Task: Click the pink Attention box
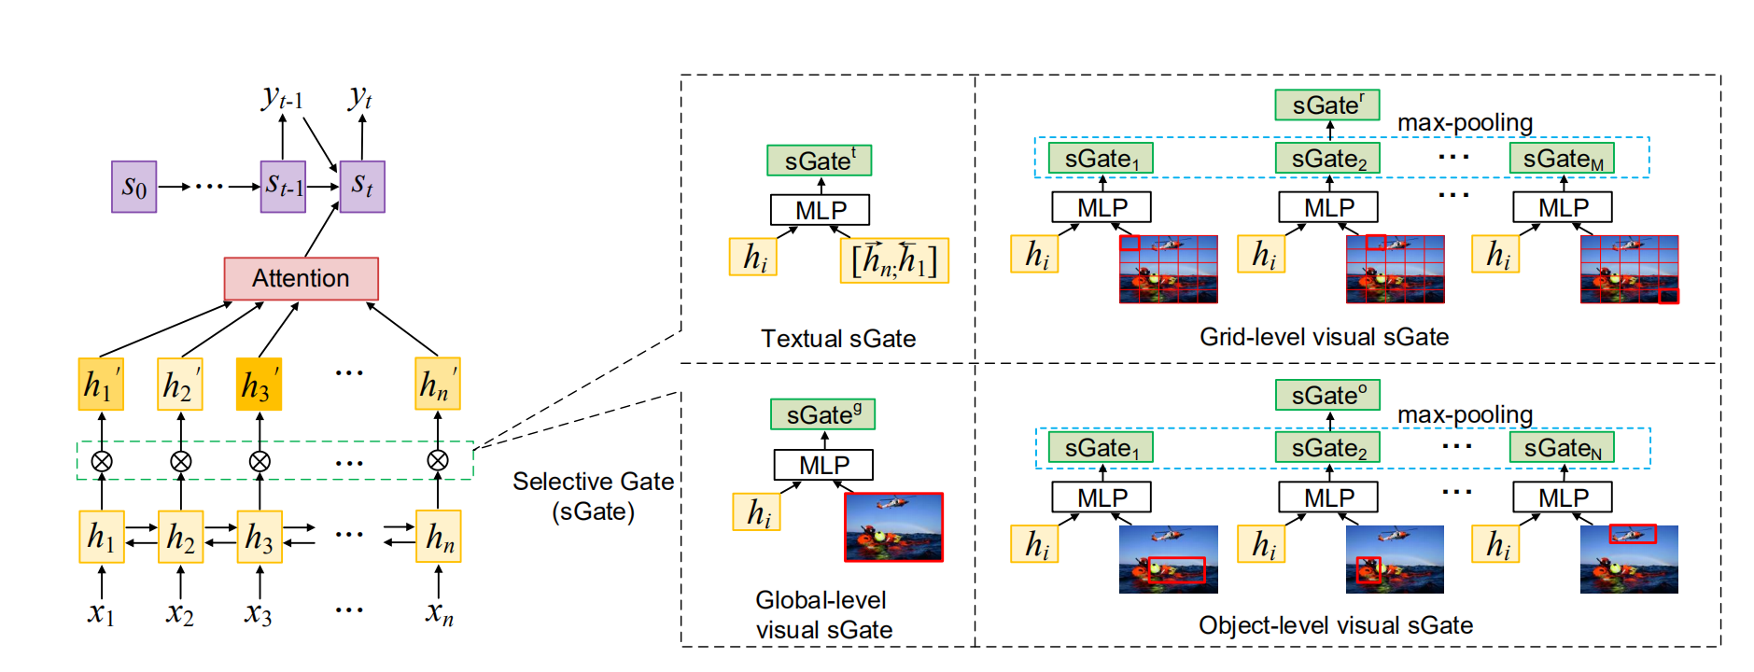tap(301, 278)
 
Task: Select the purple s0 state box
tap(133, 187)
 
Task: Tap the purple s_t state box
tap(362, 187)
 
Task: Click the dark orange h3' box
tap(259, 384)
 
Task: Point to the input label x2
tap(180, 614)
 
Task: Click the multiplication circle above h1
tap(102, 461)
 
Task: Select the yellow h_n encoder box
tap(439, 537)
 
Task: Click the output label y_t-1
tap(282, 97)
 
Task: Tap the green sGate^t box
tap(819, 161)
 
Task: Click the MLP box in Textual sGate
tap(820, 210)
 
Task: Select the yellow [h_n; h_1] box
tap(893, 260)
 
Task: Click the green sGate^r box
tap(1326, 105)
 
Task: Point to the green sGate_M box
tap(1562, 159)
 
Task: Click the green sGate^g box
tap(822, 414)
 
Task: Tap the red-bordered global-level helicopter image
tap(893, 527)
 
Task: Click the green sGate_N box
tap(1562, 448)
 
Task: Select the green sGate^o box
tap(1326, 395)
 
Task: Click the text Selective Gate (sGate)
tap(593, 496)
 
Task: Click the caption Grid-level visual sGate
tap(1324, 337)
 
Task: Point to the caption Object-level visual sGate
tap(1335, 625)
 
